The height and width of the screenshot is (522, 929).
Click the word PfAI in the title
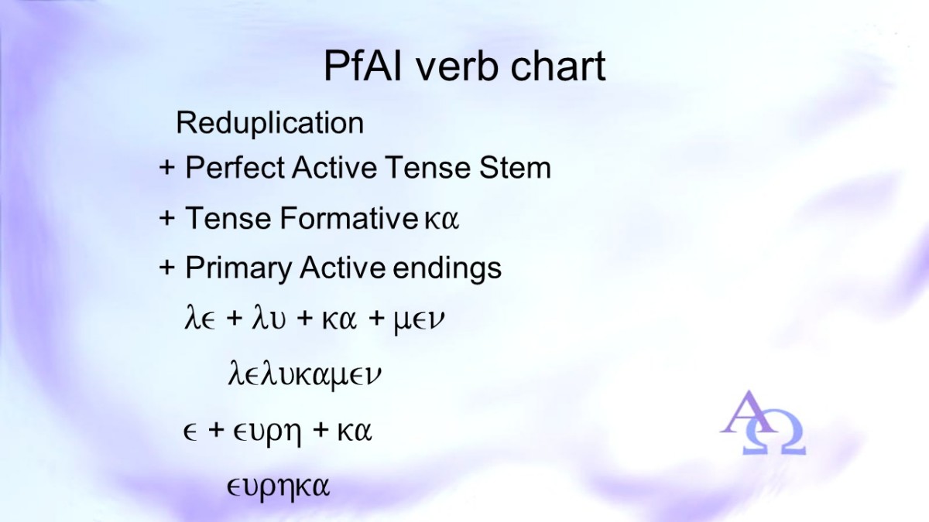click(363, 67)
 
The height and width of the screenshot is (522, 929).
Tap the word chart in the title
click(558, 66)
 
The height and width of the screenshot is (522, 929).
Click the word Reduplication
click(270, 123)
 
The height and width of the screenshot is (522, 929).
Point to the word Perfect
click(235, 168)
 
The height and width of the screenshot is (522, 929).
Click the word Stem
click(515, 168)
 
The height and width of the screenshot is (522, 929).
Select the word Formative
click(348, 218)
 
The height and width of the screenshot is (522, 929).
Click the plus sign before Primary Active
click(166, 268)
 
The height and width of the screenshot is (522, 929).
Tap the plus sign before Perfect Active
click(166, 169)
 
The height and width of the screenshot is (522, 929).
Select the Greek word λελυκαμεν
click(304, 374)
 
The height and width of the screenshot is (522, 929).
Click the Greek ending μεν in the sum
click(418, 321)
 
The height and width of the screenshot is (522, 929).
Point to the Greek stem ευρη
click(266, 433)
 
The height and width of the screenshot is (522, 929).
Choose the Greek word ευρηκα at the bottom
click(278, 488)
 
